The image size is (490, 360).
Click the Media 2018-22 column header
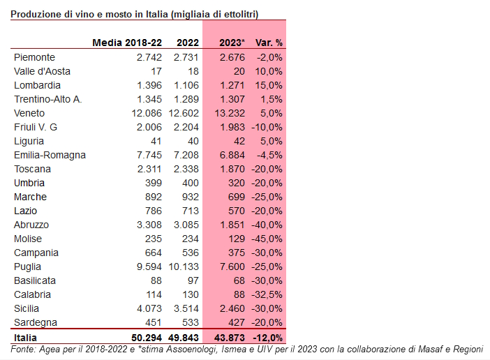[x=127, y=43]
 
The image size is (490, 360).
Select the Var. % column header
[x=269, y=43]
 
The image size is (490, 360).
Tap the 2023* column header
[x=232, y=43]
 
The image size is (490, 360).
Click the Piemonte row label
[x=34, y=57]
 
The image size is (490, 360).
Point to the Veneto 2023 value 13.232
[x=230, y=113]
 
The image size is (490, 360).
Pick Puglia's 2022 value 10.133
[x=184, y=267]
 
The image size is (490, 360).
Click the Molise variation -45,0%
[x=267, y=239]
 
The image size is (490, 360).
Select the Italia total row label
[x=25, y=338]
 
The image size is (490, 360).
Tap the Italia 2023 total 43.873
[x=230, y=338]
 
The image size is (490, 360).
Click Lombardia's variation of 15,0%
[x=269, y=85]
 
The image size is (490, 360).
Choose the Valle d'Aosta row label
[x=42, y=71]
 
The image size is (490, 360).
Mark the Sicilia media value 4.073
[x=149, y=308]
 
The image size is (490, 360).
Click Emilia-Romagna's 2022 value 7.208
[x=186, y=155]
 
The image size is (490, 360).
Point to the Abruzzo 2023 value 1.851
[x=232, y=225]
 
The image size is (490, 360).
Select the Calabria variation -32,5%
[x=267, y=294]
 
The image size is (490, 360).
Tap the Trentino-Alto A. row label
[x=47, y=99]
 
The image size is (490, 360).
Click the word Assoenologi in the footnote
[x=191, y=349]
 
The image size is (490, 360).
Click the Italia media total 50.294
[x=147, y=338]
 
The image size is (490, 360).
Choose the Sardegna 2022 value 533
[x=191, y=322]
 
